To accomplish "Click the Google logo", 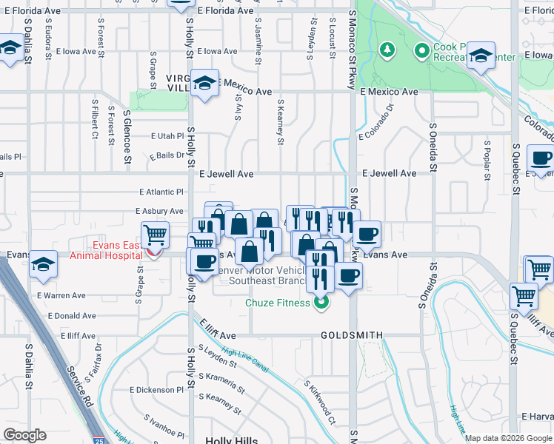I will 24,435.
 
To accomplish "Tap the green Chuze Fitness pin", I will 321,302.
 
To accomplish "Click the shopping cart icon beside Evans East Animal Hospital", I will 155,236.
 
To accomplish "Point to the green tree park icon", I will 385,50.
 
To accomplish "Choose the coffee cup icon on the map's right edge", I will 541,159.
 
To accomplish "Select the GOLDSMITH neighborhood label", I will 352,335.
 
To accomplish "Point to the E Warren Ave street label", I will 61,295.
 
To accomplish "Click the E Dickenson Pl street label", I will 156,390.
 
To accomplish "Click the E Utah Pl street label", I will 167,136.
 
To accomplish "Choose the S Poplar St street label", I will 487,160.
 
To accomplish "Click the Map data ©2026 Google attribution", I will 508,439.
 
